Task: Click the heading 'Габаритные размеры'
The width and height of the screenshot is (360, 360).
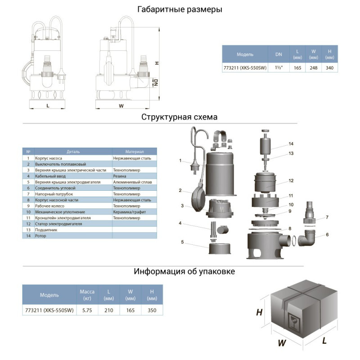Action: click(180, 9)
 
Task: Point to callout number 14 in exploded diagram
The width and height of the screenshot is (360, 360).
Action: click(291, 144)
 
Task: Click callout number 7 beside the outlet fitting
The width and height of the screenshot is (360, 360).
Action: click(327, 217)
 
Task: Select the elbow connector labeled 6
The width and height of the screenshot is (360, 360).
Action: click(310, 238)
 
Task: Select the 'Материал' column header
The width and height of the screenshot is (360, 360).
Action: click(135, 152)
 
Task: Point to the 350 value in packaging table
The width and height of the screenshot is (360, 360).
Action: click(152, 310)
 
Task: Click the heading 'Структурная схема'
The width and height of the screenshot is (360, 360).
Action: click(180, 117)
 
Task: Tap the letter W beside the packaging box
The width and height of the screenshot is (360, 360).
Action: click(282, 343)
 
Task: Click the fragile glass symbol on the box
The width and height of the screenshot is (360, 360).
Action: click(295, 321)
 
